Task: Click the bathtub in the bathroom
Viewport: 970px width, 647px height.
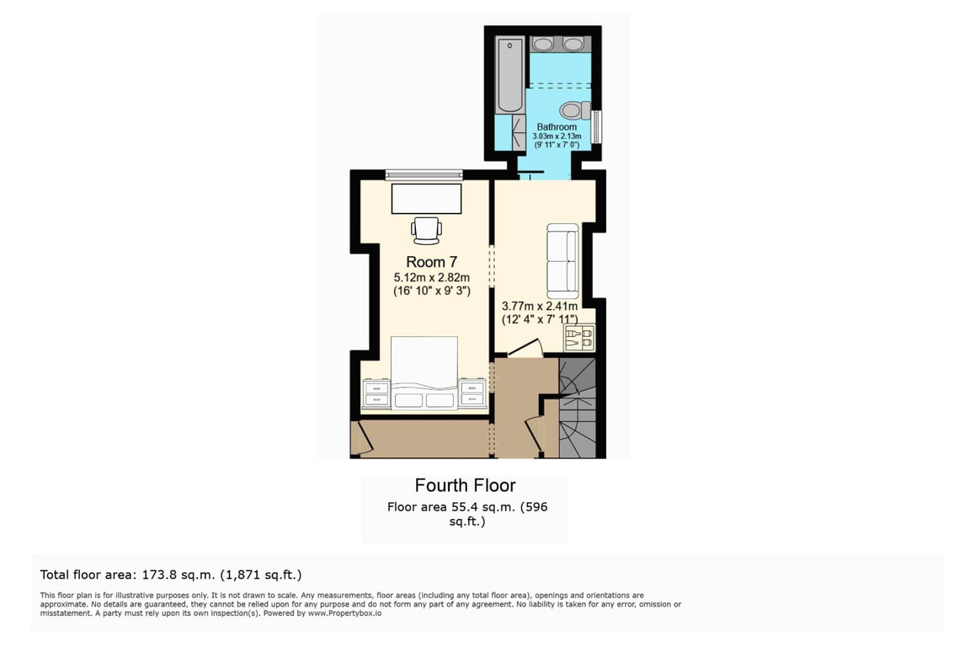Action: (509, 75)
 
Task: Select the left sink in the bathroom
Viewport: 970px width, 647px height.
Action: (543, 44)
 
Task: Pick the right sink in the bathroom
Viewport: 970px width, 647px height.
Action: (573, 44)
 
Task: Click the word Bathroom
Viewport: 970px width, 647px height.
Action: (557, 127)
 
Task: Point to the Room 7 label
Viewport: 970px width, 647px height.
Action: (432, 262)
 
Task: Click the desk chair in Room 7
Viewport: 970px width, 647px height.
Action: (427, 230)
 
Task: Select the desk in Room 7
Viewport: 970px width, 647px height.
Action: (427, 198)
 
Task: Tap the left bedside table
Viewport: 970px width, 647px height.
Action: (376, 393)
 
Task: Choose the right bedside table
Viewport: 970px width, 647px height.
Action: (472, 393)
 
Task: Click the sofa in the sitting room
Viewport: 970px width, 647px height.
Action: (563, 260)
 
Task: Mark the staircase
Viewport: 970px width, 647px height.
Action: (577, 408)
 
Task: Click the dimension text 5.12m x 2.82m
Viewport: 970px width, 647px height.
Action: (432, 277)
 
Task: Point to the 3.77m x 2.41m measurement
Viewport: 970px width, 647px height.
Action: (540, 306)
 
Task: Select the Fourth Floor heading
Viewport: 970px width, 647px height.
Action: (465, 485)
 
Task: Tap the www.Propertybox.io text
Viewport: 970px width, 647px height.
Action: (344, 613)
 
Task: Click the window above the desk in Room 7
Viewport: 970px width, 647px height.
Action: (424, 174)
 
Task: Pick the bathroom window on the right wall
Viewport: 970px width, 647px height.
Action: (596, 127)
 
